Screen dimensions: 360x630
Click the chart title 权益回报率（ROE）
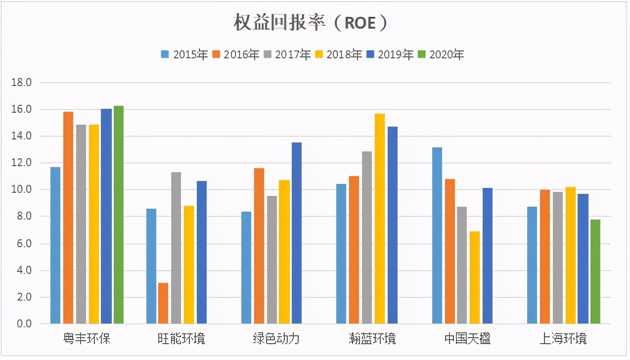point(311,23)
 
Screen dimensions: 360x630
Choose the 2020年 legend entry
point(441,54)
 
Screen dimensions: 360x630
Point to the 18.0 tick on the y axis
point(21,83)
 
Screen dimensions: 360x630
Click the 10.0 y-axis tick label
point(21,190)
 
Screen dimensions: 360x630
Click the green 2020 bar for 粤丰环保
point(119,215)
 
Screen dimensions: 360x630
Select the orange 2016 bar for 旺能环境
point(163,303)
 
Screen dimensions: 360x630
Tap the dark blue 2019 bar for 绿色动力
point(297,233)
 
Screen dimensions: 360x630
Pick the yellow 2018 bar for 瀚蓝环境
point(380,219)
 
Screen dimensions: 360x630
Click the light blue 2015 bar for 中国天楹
point(437,235)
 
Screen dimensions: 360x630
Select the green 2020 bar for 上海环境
point(595,271)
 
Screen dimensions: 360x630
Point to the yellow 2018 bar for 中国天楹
point(475,277)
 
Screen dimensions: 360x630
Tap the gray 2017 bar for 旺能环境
point(176,248)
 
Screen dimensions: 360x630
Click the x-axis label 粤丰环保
point(87,339)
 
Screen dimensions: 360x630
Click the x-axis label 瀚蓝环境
point(372,339)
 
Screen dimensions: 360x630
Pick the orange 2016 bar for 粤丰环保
point(68,218)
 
